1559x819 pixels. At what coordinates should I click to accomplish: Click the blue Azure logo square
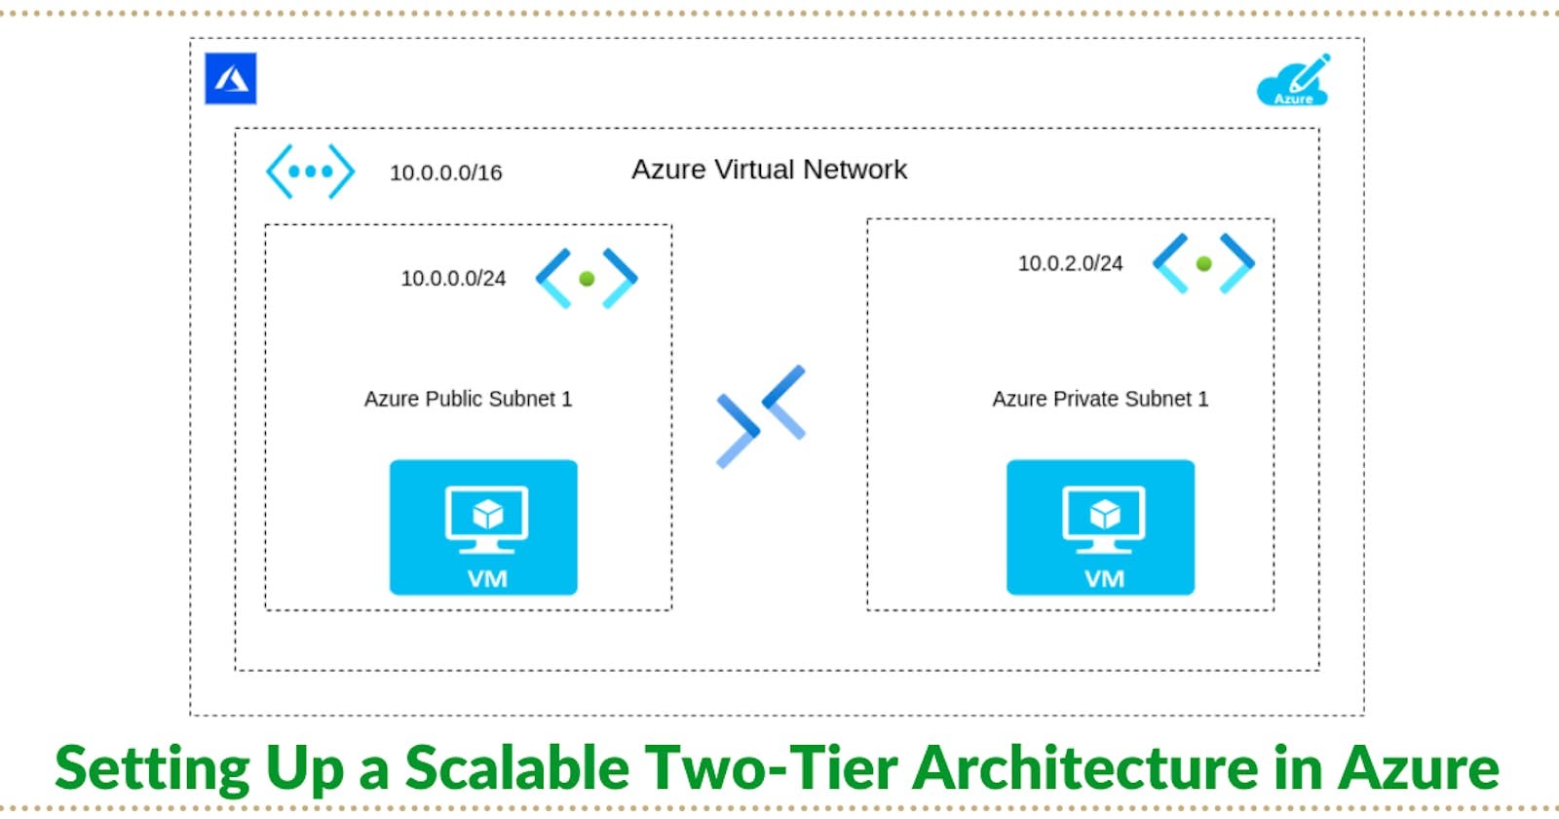coord(231,79)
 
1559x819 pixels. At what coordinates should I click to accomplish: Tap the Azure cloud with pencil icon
coord(1294,80)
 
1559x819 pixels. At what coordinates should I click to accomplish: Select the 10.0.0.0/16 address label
coord(446,173)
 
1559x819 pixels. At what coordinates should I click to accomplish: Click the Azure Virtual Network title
coord(769,170)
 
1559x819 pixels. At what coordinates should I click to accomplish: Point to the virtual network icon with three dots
coord(310,172)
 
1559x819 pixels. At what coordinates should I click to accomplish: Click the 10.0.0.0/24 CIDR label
coord(453,279)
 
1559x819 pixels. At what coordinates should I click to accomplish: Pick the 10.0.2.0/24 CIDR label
coord(1070,263)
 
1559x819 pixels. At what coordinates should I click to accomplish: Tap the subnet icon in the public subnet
coord(587,279)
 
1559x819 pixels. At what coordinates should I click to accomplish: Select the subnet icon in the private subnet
coord(1203,263)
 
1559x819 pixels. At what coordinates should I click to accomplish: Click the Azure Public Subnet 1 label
coord(468,399)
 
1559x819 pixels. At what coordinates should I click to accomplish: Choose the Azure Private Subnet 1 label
coord(1100,399)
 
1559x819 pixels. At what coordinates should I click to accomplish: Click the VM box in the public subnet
coord(483,527)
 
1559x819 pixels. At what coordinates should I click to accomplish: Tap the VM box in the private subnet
coord(1100,527)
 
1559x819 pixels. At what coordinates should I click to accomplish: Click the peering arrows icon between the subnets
coord(761,416)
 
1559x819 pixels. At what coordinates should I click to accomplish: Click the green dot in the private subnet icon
coord(1203,263)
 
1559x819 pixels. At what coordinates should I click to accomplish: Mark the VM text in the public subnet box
coord(487,579)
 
